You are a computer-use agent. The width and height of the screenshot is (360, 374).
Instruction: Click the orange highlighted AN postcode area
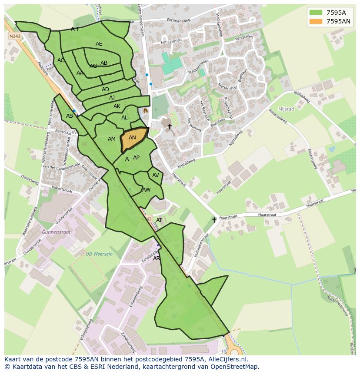[x=133, y=139]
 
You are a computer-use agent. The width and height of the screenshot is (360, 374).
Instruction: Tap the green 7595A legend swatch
[x=316, y=12]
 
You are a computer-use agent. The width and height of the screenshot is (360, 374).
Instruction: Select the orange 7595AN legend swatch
[x=316, y=21]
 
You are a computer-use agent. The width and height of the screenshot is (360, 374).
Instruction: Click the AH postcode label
[x=75, y=29]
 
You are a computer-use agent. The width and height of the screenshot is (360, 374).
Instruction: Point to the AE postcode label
[x=99, y=44]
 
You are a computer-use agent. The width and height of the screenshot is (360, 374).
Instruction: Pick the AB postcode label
[x=104, y=63]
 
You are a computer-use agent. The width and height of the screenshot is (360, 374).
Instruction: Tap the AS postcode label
[x=70, y=116]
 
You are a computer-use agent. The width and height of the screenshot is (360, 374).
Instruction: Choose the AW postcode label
[x=147, y=190]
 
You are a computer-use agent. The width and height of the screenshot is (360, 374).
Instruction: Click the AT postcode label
[x=159, y=220]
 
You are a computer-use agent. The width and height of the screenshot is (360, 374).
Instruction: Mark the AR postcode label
[x=157, y=258]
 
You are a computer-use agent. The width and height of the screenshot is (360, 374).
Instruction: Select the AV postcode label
[x=155, y=175]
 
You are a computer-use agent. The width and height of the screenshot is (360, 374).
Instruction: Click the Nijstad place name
[x=286, y=109]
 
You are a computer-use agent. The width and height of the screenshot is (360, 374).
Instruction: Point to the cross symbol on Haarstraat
[x=214, y=220]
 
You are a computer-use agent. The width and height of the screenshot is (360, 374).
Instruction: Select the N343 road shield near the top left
[x=15, y=36]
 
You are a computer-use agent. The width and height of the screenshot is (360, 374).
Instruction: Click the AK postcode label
[x=117, y=106]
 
